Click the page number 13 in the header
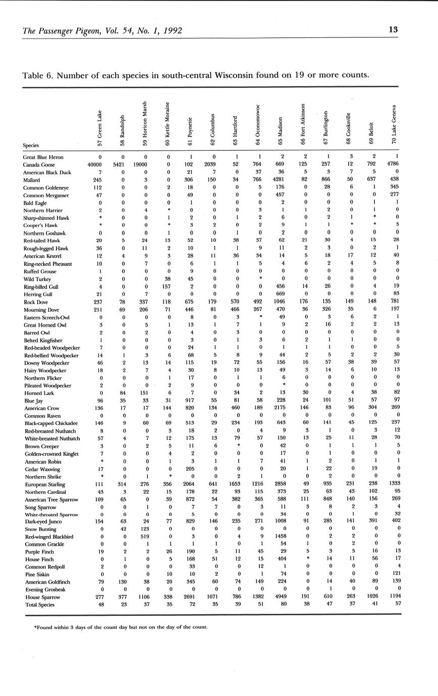tap(393, 30)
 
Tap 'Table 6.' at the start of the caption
tap(37, 75)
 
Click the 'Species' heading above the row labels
tap(31, 145)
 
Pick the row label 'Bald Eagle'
tap(35, 203)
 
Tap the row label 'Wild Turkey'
tap(35, 279)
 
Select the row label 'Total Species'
tap(39, 604)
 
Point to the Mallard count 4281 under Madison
tap(281, 180)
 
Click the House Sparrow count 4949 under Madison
tap(281, 597)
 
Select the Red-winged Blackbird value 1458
tap(281, 536)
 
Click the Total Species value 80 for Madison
tap(283, 604)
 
